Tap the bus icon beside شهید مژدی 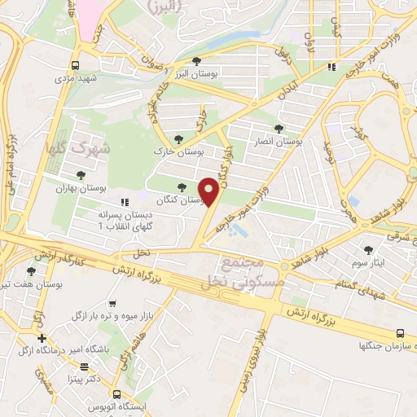pos(76,66)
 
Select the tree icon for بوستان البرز pos(195,61)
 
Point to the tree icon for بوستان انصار pos(279,129)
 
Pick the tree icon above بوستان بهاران pos(80,174)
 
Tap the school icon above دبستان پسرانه pos(124,201)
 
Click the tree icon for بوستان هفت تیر pos(31,271)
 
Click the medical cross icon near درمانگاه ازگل pos(41,338)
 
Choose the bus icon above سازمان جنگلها pos(399,332)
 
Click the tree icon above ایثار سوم pos(368,250)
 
